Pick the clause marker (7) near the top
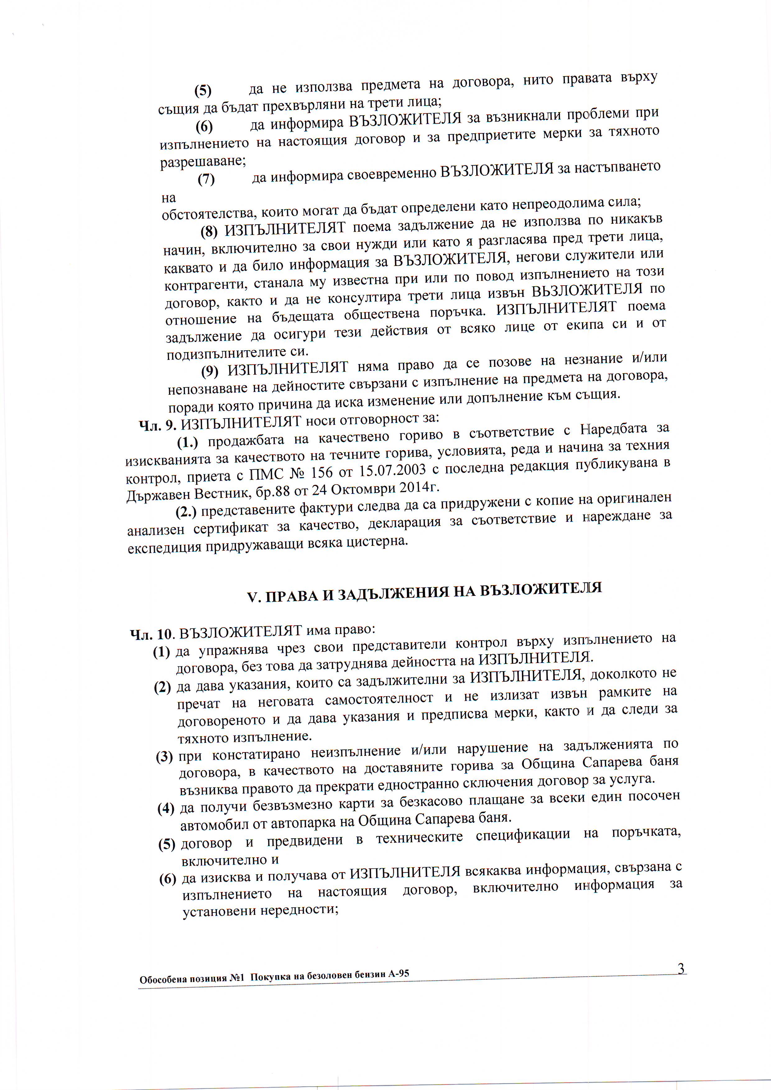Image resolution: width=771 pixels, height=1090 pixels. click(206, 179)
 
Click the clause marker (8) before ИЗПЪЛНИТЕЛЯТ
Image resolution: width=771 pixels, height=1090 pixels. click(209, 231)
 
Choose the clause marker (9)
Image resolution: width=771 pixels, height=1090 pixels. click(210, 371)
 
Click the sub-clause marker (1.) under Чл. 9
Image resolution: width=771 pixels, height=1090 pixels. click(187, 443)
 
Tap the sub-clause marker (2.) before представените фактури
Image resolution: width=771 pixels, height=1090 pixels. click(186, 512)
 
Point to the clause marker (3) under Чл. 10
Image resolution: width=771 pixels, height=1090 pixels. click(164, 756)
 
